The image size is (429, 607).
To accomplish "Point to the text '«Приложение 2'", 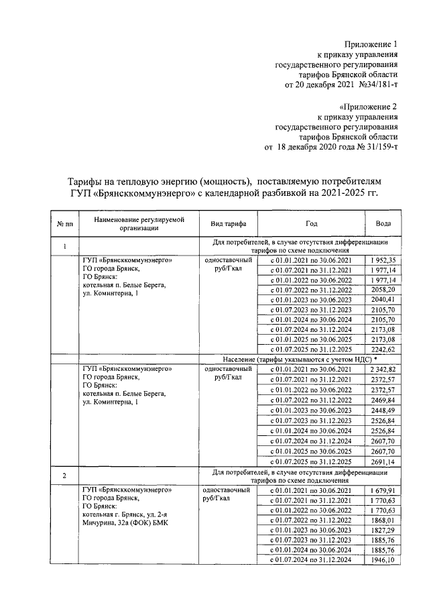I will click(369, 106).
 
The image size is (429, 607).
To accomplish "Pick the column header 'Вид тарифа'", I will click(229, 224).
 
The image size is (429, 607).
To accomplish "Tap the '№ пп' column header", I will click(64, 224).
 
